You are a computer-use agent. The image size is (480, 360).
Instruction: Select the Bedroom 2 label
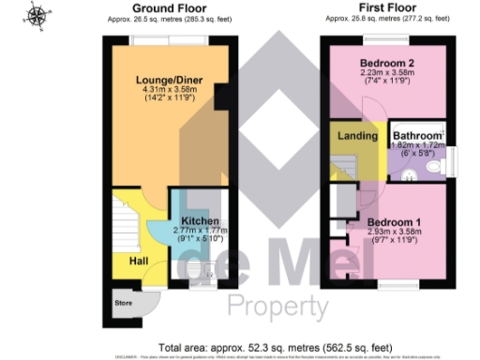coord(387,64)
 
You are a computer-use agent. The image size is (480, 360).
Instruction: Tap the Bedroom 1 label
coord(386,221)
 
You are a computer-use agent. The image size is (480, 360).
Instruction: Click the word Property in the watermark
coord(277,306)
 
